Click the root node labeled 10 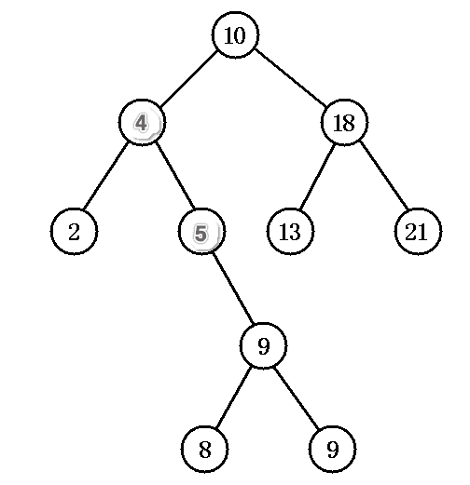pos(235,34)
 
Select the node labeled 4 pos(142,122)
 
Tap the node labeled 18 pos(344,122)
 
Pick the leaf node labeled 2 pos(74,231)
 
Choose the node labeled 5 pos(201,231)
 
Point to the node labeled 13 pos(290,231)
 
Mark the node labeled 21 pos(418,231)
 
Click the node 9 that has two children pos(263,345)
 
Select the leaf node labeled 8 pos(204,449)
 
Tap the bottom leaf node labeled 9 pos(332,449)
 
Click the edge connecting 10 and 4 pos(188,78)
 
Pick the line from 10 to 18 pos(290,78)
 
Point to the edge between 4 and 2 pos(106,176)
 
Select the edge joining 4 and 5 pos(174,176)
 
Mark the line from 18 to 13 pos(317,176)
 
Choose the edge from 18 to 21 pos(383,175)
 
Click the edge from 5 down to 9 pos(233,289)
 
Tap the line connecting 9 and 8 pos(233,397)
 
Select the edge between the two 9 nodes pos(297,398)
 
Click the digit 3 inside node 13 pos(296,232)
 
